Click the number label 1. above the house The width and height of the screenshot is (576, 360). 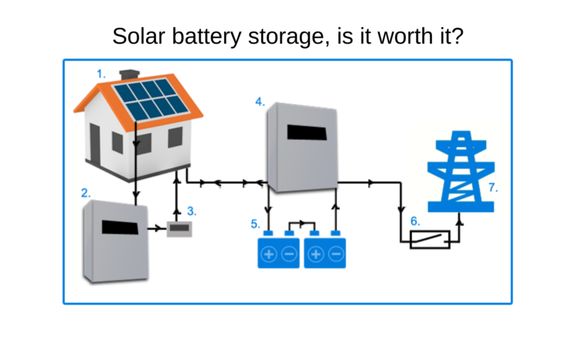101,73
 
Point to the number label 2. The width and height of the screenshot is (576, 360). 86,193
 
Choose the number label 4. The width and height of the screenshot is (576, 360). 259,101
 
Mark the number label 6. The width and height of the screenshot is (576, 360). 415,221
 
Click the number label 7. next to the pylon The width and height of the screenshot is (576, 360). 493,188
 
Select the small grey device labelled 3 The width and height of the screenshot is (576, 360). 179,229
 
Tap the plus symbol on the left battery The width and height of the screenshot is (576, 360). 268,255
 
